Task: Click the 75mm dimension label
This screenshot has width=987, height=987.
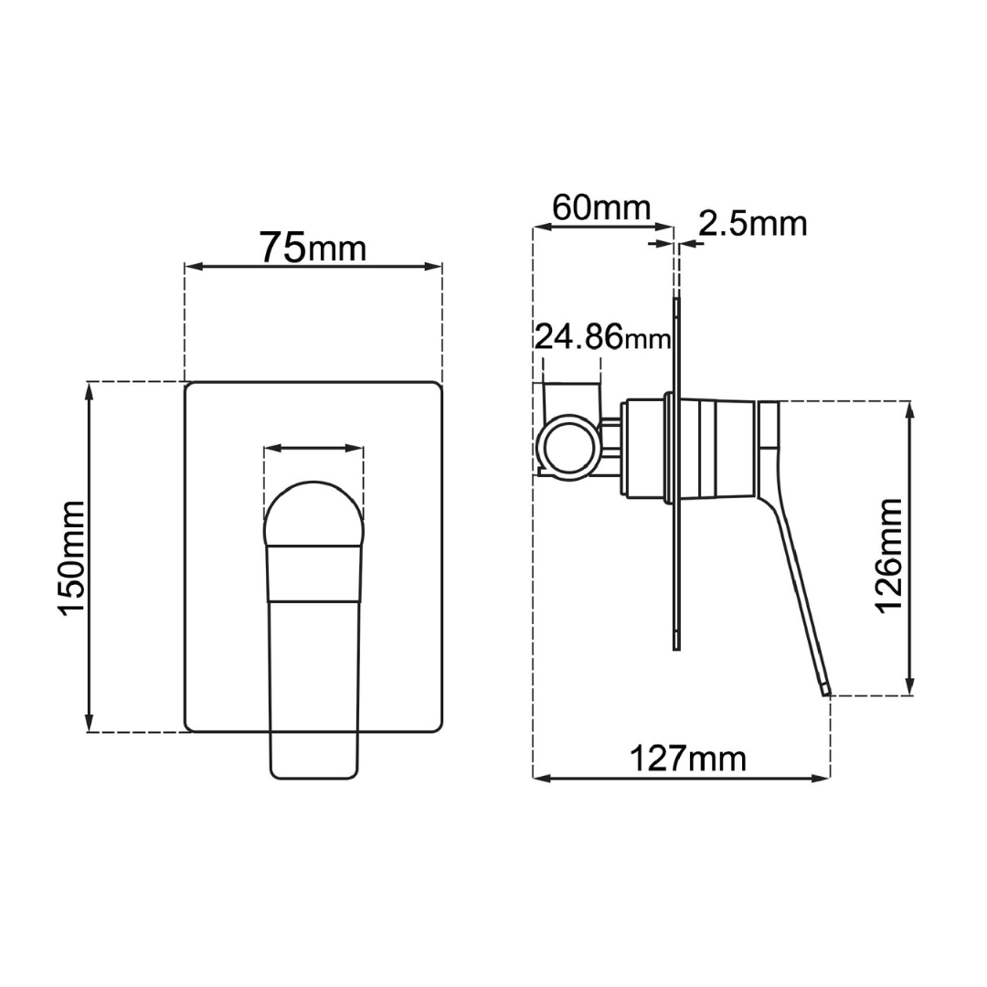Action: [x=313, y=248]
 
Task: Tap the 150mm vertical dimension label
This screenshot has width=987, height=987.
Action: [x=71, y=557]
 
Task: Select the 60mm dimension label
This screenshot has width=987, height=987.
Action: [x=601, y=207]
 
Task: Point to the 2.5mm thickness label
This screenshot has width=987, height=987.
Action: [x=753, y=224]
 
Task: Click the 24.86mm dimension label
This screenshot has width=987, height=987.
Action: [x=602, y=337]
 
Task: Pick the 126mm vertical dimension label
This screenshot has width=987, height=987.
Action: [x=889, y=556]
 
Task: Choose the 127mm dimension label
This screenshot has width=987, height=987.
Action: [x=688, y=759]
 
